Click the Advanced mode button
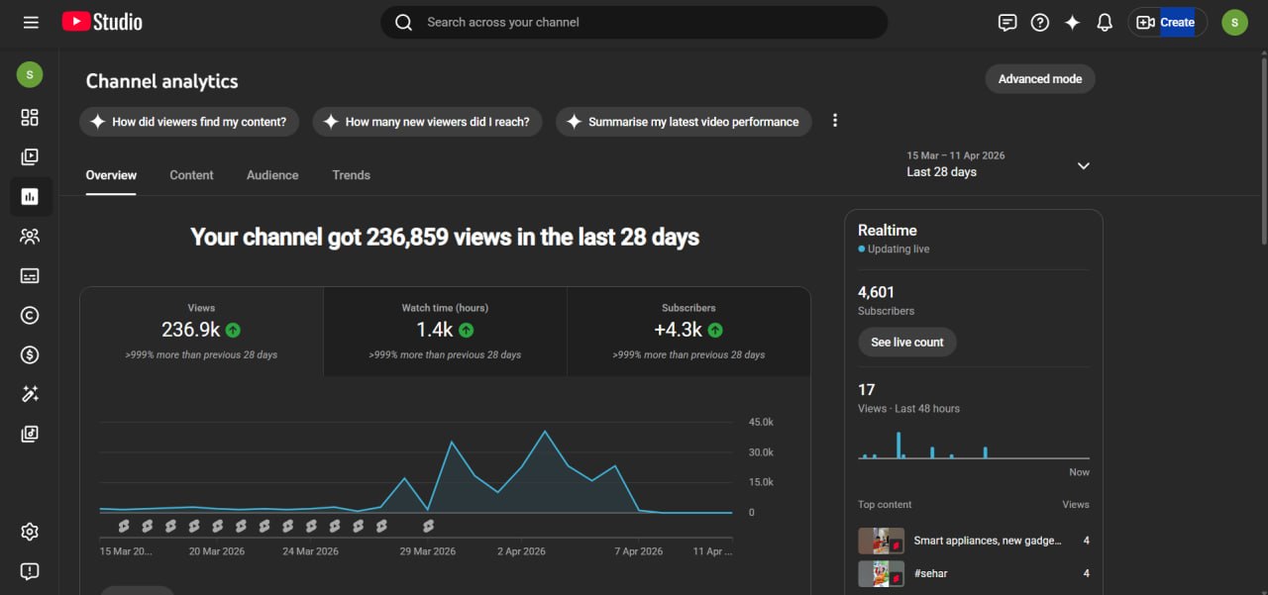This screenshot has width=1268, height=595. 1040,79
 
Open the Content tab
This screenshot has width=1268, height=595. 191,175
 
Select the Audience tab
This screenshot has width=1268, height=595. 272,175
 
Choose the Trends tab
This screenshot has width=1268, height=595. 351,175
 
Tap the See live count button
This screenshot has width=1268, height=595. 906,343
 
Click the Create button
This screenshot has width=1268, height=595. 1167,23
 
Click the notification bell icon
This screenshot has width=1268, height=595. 1105,23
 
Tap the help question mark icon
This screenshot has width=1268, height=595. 1039,23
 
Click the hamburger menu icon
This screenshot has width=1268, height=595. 31,23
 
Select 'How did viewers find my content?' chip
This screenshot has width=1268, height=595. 189,122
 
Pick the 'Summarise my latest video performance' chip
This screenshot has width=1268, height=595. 684,122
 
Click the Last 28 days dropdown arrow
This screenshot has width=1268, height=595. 1083,165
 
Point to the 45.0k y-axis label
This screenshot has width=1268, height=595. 761,422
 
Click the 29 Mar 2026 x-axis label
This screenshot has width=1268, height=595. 427,551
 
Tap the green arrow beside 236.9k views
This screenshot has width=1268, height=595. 233,331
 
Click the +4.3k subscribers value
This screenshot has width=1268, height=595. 678,330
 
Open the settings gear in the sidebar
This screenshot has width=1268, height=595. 30,532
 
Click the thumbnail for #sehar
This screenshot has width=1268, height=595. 881,573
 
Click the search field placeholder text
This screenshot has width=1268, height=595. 503,23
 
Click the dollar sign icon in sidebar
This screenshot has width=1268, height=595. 30,355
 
